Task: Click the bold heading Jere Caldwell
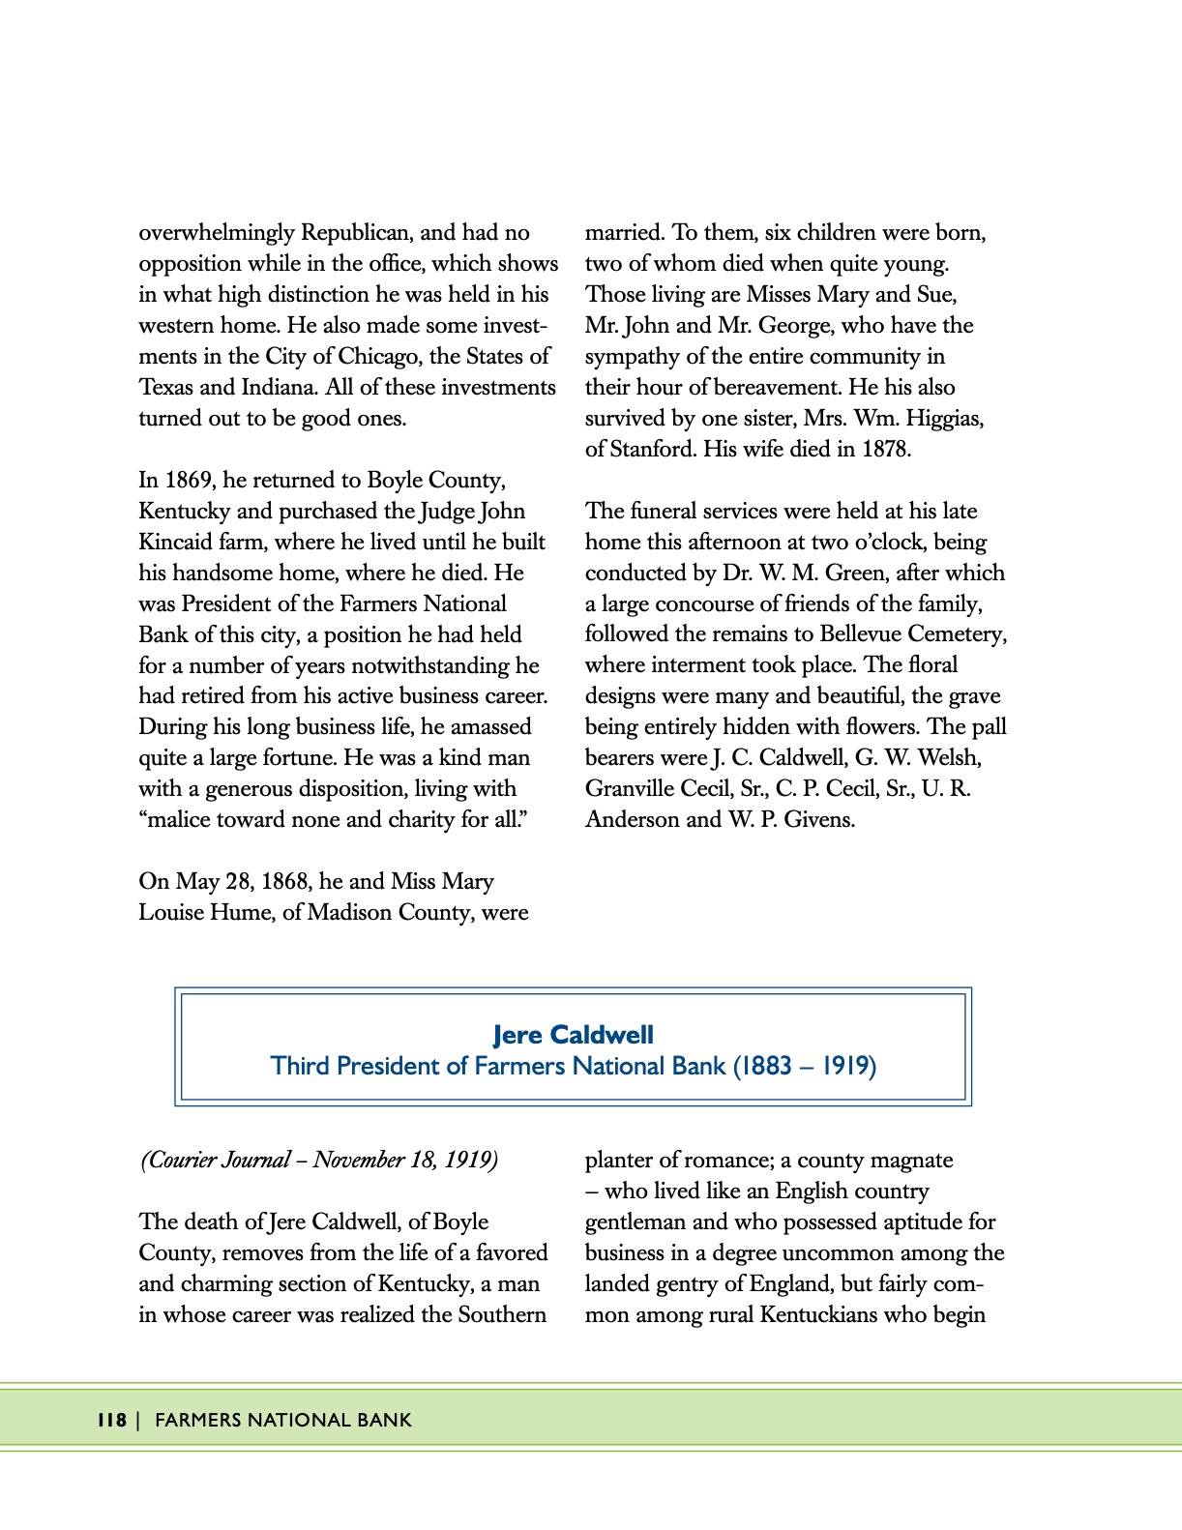coord(573,1035)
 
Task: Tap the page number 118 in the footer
coord(111,1420)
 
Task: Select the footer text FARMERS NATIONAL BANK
coord(283,1420)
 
